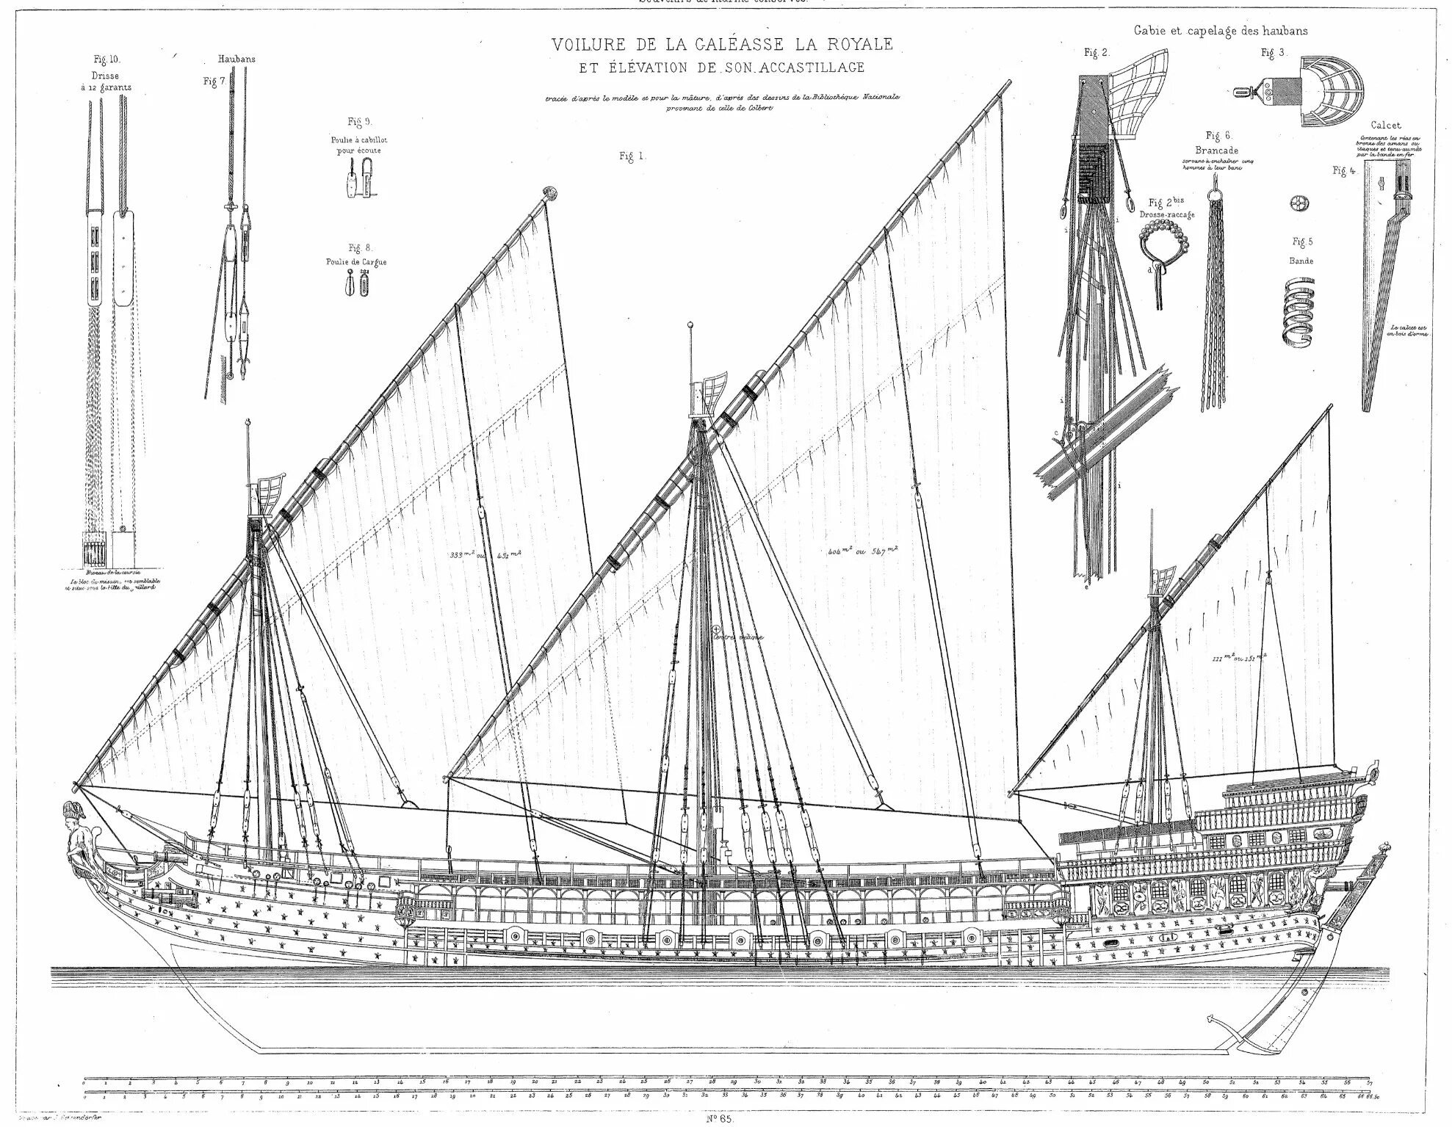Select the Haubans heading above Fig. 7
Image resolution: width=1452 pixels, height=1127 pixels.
tap(236, 59)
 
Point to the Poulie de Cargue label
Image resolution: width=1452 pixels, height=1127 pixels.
tap(356, 262)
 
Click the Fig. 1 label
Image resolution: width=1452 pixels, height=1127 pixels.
tap(631, 156)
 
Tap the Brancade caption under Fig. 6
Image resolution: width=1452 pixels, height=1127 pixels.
tap(1219, 151)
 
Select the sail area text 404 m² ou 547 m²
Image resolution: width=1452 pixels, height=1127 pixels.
tap(857, 550)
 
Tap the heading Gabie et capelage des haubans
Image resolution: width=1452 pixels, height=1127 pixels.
tap(1220, 31)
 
